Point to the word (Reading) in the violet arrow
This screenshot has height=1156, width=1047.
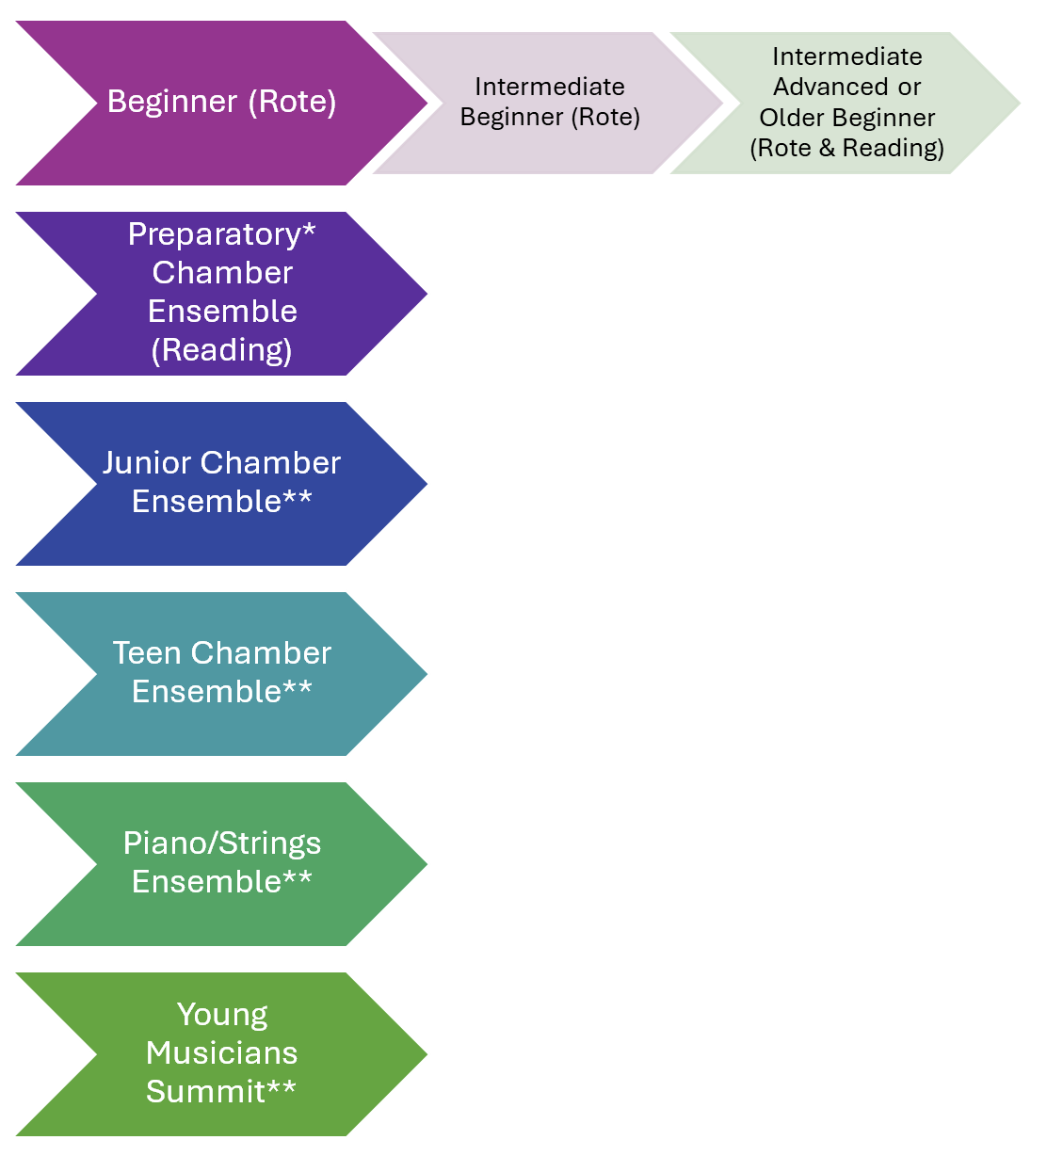(x=222, y=350)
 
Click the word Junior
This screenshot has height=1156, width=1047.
(x=148, y=463)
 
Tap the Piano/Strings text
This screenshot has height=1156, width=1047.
(x=222, y=843)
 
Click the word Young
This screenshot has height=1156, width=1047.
(x=222, y=1015)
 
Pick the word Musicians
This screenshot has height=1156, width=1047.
(x=222, y=1053)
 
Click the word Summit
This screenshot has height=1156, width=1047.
(x=206, y=1092)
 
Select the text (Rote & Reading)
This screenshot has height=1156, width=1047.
(x=846, y=149)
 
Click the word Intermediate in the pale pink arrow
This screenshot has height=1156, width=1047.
(x=550, y=88)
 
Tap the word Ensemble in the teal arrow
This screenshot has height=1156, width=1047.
(x=207, y=692)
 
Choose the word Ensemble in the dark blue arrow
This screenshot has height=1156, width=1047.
(x=207, y=502)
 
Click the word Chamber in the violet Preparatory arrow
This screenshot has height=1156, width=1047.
(x=222, y=273)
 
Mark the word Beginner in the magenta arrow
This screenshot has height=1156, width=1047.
(x=173, y=102)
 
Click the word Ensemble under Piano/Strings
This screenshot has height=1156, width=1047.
(x=207, y=882)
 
